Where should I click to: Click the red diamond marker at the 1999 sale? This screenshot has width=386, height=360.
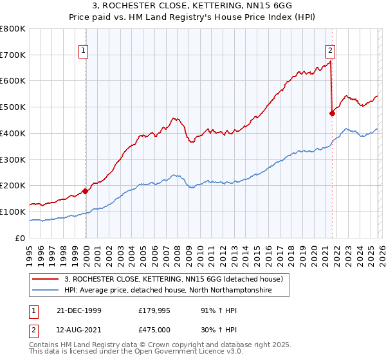pyautogui.click(x=86, y=191)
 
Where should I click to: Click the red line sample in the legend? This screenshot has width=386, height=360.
pyautogui.click(x=46, y=279)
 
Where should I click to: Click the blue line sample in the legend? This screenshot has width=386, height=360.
pyautogui.click(x=46, y=291)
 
